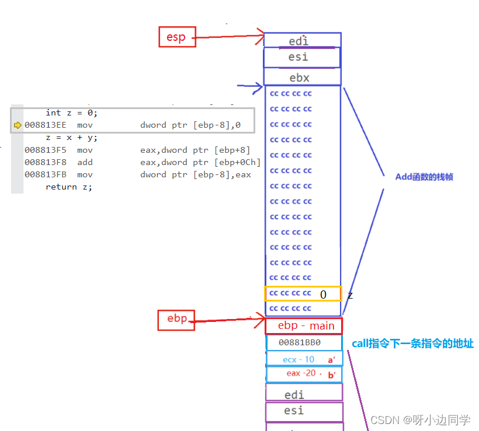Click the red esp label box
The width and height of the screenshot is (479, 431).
[176, 37]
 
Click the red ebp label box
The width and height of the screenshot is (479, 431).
[176, 319]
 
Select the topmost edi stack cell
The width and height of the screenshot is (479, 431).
[302, 41]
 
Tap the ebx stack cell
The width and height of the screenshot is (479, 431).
[302, 78]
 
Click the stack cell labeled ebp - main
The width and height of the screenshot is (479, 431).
[304, 325]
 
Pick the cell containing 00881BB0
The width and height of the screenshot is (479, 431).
[303, 343]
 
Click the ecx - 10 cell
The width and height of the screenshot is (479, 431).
[299, 359]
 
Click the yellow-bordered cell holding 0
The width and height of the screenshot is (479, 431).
[303, 294]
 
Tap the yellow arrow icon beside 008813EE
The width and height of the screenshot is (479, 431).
[18, 125]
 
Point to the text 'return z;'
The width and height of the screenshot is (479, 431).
[69, 187]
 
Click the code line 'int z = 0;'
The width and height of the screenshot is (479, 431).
[71, 113]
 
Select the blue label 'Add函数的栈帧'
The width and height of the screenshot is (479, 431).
[424, 177]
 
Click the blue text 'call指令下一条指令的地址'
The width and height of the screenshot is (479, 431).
[412, 344]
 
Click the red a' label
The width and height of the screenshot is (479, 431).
[331, 360]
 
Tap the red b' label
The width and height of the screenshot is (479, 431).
[331, 375]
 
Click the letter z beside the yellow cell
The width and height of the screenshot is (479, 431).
[350, 295]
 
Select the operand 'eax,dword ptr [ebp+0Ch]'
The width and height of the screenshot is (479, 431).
[200, 162]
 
